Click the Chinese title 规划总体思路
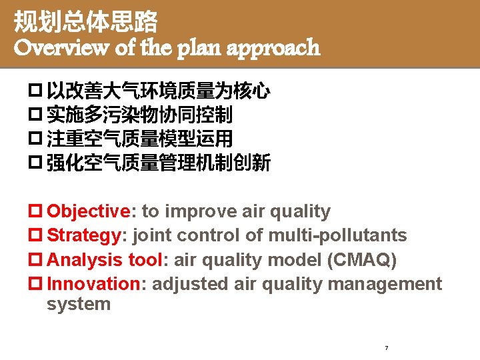86,23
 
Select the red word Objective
89,211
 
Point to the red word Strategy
83,235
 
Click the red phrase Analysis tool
105,260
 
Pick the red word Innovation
93,284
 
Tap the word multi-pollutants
337,235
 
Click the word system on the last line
79,305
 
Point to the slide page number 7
387,348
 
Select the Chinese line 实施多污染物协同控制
139,115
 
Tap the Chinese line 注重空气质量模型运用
139,139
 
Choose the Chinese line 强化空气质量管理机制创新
158,163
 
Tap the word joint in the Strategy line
155,235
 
